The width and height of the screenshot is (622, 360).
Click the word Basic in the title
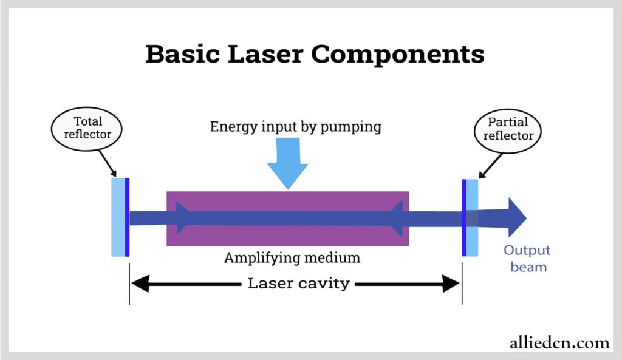click(x=182, y=53)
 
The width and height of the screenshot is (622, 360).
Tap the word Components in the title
click(x=397, y=55)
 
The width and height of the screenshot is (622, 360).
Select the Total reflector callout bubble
click(x=86, y=129)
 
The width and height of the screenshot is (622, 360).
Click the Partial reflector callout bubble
click(x=508, y=131)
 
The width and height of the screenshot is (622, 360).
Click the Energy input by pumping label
click(x=296, y=127)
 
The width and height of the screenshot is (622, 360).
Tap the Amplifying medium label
click(x=292, y=258)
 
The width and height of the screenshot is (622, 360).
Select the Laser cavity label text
click(x=299, y=283)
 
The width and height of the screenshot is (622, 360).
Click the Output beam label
click(x=527, y=258)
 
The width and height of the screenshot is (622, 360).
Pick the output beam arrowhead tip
click(x=526, y=218)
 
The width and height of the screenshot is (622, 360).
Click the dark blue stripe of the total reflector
click(x=128, y=217)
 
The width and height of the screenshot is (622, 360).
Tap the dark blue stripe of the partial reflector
click(x=464, y=218)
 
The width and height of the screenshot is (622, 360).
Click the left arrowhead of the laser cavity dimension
click(x=140, y=284)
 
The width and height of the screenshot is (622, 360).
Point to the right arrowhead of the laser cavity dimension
click(x=451, y=284)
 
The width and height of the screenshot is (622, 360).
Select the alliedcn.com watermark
click(x=559, y=342)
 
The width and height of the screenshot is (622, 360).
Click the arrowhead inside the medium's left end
click(x=183, y=218)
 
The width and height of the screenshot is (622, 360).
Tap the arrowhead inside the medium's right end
click(x=396, y=218)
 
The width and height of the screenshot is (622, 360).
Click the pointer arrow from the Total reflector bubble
click(x=108, y=163)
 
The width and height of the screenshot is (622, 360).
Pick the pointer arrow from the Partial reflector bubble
click(x=490, y=166)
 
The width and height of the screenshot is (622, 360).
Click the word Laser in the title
click(x=265, y=54)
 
